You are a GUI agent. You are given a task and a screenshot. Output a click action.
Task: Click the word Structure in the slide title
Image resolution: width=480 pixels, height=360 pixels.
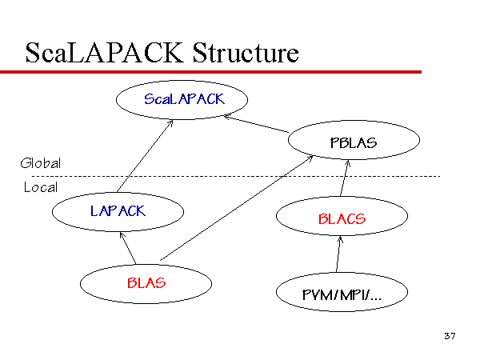246,53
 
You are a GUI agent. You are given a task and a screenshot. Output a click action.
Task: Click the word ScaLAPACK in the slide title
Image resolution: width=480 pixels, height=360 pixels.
104,53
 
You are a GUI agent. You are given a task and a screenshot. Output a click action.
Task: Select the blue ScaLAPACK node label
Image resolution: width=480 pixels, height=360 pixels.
184,99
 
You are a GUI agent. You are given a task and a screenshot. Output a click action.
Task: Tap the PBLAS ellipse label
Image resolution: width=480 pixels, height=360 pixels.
354,143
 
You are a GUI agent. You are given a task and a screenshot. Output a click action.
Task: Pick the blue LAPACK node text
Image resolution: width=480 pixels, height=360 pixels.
118,211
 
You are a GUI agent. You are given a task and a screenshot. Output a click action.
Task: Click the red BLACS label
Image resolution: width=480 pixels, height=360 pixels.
342,219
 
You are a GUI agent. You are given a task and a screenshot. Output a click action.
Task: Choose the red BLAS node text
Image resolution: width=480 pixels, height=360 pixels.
146,283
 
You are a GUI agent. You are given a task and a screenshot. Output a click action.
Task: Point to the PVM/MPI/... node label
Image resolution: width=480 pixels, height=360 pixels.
342,295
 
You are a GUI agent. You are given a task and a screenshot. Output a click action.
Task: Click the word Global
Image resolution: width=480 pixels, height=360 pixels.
41,163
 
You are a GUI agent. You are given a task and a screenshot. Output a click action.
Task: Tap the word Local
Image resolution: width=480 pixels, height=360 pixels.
41,187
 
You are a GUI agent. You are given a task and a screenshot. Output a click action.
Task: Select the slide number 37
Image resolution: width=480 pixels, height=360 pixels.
450,336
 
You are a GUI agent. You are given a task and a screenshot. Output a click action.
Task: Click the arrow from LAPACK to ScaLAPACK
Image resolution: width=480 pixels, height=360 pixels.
145,156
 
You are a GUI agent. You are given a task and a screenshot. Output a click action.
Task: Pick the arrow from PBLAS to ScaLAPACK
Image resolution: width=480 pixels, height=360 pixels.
256,124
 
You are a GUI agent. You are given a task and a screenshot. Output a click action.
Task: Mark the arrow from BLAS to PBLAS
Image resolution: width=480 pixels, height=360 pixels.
236,208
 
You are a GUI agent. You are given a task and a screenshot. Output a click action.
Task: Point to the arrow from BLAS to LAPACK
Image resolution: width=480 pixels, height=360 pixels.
127,248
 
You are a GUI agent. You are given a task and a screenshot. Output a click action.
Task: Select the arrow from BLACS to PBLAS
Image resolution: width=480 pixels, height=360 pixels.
344,178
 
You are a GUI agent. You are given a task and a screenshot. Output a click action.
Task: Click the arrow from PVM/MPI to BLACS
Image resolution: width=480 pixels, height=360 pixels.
338,254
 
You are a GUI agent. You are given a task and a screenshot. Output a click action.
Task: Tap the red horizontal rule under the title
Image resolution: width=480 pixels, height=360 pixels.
210,72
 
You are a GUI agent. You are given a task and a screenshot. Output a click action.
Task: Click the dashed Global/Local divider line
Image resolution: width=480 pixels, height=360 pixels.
236,176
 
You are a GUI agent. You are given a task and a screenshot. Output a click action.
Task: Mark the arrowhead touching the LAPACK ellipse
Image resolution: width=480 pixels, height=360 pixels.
122,235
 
